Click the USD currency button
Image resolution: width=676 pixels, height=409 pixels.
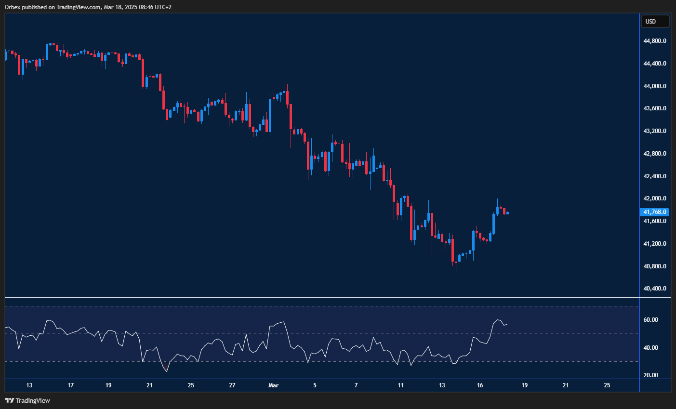pyautogui.click(x=654, y=22)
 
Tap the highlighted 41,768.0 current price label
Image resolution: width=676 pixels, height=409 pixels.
pyautogui.click(x=655, y=212)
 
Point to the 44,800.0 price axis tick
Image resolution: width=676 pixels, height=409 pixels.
pyautogui.click(x=655, y=41)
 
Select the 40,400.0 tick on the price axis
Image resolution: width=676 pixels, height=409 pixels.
pyautogui.click(x=655, y=289)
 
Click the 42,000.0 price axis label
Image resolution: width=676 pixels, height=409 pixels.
pyautogui.click(x=655, y=198)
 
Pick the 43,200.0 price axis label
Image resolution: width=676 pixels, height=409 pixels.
pyautogui.click(x=655, y=131)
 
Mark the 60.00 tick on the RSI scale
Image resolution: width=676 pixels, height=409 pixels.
pyautogui.click(x=650, y=320)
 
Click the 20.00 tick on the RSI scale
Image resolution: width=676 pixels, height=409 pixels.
pyautogui.click(x=650, y=375)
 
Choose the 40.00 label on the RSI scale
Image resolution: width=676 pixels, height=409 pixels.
pyautogui.click(x=650, y=348)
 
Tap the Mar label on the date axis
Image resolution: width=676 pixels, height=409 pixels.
pyautogui.click(x=274, y=385)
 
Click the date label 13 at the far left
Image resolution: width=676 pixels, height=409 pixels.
pyautogui.click(x=29, y=385)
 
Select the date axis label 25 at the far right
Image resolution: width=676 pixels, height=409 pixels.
pyautogui.click(x=607, y=385)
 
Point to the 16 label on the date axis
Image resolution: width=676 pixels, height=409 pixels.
pyautogui.click(x=480, y=385)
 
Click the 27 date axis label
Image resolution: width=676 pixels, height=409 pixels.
pyautogui.click(x=232, y=385)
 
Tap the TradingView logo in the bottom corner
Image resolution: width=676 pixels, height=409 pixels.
pyautogui.click(x=27, y=400)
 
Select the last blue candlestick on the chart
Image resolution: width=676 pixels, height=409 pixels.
pyautogui.click(x=507, y=213)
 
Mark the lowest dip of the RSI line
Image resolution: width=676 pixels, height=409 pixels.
pyautogui.click(x=167, y=371)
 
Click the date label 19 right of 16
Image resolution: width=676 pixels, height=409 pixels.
pyautogui.click(x=525, y=385)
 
